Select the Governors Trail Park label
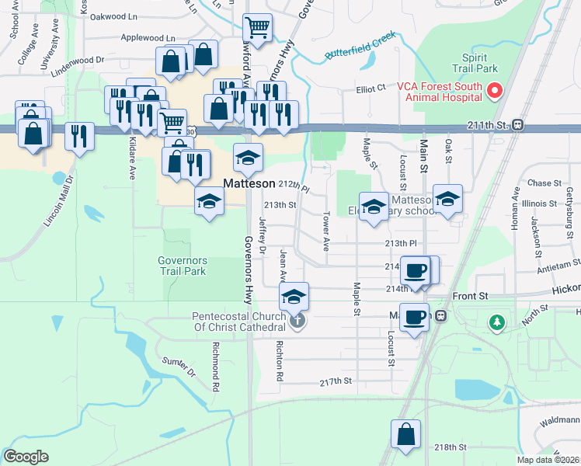(x=183, y=266)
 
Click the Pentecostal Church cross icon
(x=295, y=321)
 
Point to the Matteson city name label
(x=249, y=184)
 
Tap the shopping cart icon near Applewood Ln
(x=257, y=29)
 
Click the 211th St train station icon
(x=517, y=124)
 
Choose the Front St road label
(x=471, y=296)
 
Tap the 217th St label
(x=336, y=382)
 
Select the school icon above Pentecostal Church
(x=294, y=297)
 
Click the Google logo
(x=26, y=457)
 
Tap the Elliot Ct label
(x=371, y=89)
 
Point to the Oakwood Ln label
(x=113, y=16)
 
